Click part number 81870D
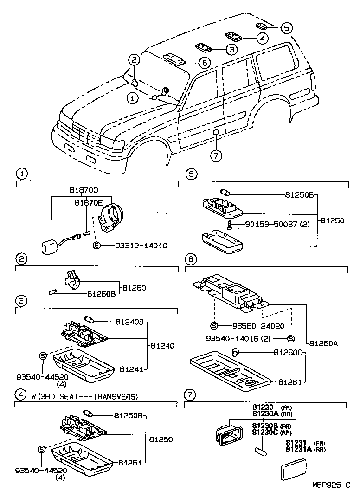point(84,191)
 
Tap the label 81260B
point(101,294)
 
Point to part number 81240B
point(129,322)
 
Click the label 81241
point(131,369)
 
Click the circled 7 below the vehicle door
point(216,155)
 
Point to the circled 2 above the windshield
point(134,59)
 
